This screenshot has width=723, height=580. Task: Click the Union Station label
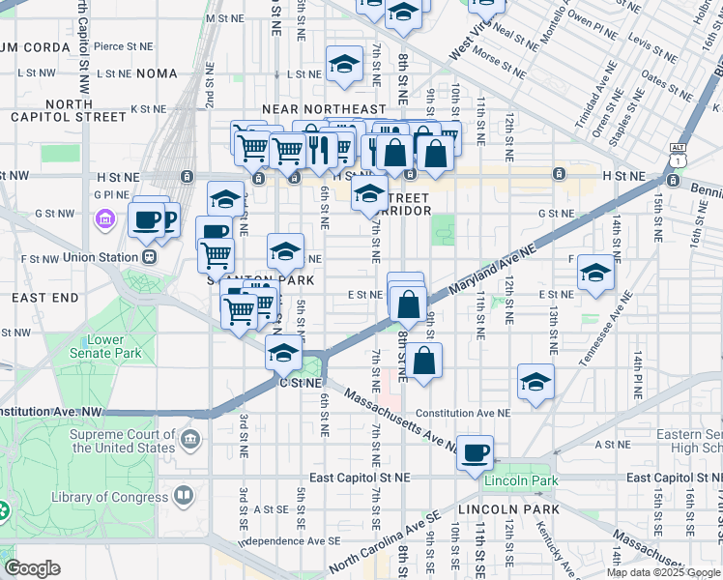tap(100, 258)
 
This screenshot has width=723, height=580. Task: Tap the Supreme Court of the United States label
tap(122, 441)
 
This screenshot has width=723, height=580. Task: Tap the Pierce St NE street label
tap(123, 45)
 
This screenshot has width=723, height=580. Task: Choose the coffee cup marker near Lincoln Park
tap(475, 452)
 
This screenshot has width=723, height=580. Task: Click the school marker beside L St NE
tap(342, 64)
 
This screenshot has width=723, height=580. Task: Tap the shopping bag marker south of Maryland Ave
tap(423, 362)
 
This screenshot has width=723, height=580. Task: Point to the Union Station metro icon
tap(149, 257)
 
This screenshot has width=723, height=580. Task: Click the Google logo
tap(32, 568)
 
